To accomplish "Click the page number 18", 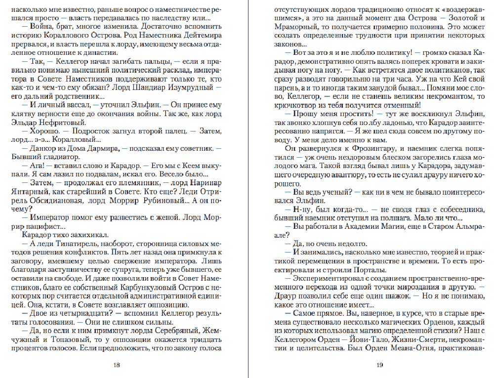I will click(x=117, y=365).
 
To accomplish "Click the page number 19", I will click(x=379, y=365).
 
